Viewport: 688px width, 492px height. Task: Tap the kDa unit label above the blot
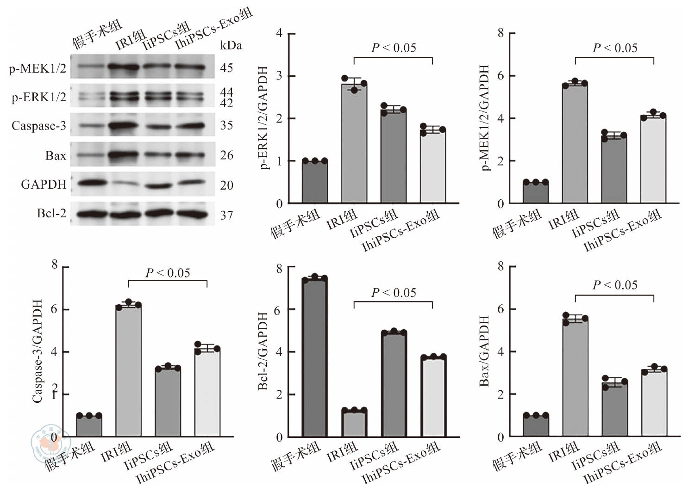click(x=231, y=45)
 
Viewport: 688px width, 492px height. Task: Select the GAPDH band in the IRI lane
click(x=124, y=184)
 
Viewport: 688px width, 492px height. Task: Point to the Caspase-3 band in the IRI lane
click(x=124, y=125)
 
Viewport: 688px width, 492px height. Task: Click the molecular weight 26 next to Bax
click(x=226, y=155)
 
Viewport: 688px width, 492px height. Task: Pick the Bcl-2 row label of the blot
click(x=51, y=214)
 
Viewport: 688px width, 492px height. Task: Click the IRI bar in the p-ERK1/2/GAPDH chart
click(x=354, y=143)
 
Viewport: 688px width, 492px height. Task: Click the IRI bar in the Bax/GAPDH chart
click(x=575, y=377)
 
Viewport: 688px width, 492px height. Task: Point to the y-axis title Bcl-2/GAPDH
click(x=263, y=351)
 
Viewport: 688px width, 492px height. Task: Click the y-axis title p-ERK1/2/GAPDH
click(x=265, y=118)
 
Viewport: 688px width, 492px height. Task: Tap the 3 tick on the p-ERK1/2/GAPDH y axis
click(x=279, y=76)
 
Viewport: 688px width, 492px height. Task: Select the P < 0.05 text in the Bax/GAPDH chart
click(x=615, y=285)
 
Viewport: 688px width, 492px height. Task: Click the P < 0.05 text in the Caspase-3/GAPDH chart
click(x=168, y=273)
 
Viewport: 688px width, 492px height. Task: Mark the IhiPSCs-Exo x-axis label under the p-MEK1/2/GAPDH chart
click(x=623, y=230)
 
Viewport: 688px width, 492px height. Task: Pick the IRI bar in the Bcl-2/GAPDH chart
click(x=354, y=423)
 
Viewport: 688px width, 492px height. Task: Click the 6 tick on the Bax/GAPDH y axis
click(x=500, y=309)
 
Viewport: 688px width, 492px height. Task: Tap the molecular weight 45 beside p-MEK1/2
click(x=226, y=68)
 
